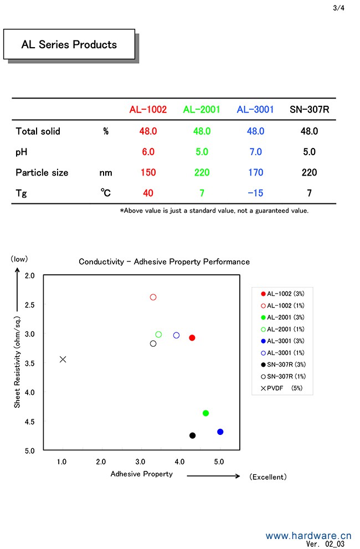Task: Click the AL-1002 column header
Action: pos(148,110)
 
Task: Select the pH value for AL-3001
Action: pos(255,152)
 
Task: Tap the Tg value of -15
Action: pos(255,193)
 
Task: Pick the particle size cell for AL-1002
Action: pos(148,172)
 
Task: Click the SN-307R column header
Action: pos(310,110)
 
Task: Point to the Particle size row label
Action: pos(42,172)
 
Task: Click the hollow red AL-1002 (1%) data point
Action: pos(153,297)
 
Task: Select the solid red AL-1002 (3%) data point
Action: pos(192,337)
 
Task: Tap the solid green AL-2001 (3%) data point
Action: pos(206,413)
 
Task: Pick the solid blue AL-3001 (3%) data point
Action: pos(220,432)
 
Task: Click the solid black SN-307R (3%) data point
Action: pos(192,435)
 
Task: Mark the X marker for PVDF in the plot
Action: pos(63,359)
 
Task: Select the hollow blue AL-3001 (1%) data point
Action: pos(176,335)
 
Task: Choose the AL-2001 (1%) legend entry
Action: pos(284,329)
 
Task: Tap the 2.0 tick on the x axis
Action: pos(101,461)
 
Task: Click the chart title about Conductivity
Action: pos(164,261)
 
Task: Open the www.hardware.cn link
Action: pos(308,536)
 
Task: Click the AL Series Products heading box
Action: pos(69,44)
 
